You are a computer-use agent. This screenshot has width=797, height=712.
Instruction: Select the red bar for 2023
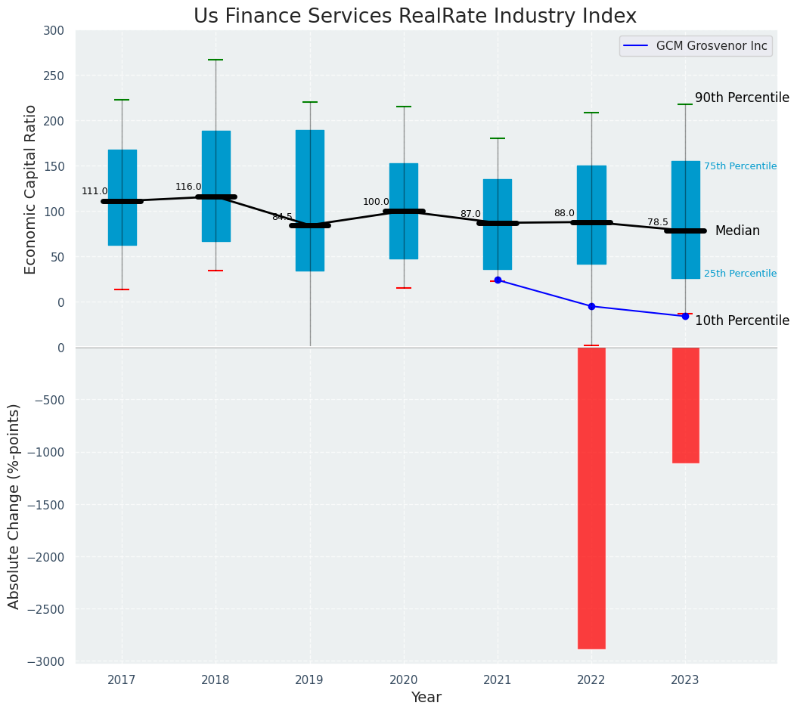(x=685, y=405)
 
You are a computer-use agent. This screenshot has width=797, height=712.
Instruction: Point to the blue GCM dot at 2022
(x=591, y=306)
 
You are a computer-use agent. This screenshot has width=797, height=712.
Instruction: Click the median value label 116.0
(x=188, y=187)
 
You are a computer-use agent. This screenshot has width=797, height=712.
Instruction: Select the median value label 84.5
(x=282, y=217)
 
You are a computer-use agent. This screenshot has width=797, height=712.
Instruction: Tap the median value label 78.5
(x=658, y=222)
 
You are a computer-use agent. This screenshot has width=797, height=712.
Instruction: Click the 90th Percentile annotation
(x=742, y=98)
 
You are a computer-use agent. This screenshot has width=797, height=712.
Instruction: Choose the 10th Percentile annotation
(x=742, y=320)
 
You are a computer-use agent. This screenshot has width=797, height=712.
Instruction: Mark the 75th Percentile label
(x=740, y=166)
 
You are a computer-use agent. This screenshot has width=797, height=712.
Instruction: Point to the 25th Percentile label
(x=740, y=274)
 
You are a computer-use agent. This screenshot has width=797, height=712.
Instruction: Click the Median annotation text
(x=737, y=231)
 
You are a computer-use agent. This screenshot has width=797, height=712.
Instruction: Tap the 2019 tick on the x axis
(x=309, y=680)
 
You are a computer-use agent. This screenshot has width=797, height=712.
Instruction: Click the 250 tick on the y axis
(x=59, y=76)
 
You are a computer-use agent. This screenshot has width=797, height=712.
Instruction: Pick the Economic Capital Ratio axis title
(x=31, y=189)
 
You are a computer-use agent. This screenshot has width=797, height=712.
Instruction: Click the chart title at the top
(x=415, y=16)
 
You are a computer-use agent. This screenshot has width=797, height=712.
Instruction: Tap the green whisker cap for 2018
(x=216, y=60)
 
